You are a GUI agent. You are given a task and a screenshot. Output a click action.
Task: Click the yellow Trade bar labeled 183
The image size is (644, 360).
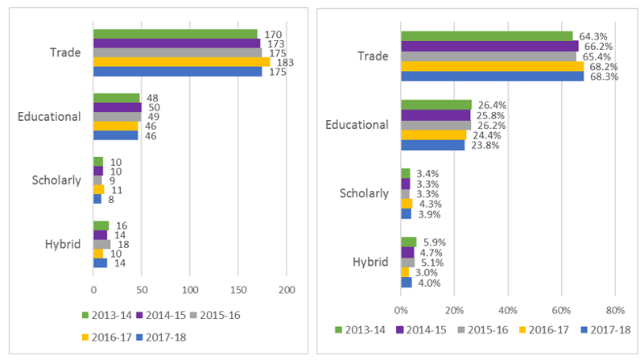(181, 62)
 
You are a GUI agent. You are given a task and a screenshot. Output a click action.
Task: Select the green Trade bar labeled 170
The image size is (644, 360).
(175, 34)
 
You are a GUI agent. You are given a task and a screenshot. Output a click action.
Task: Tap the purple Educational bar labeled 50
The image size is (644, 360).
(118, 107)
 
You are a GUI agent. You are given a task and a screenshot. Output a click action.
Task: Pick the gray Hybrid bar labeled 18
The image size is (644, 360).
(102, 244)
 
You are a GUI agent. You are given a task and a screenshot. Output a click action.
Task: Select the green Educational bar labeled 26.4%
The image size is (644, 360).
(436, 105)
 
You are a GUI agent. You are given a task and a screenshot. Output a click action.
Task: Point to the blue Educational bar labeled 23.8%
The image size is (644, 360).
(432, 145)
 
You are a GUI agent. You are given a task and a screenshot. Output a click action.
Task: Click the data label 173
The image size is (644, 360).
(277, 43)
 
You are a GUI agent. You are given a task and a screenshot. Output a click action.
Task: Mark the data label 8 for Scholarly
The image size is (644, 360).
(110, 199)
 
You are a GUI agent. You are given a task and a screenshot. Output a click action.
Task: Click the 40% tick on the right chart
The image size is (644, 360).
(508, 309)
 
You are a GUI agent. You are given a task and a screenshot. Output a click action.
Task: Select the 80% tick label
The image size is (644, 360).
(615, 309)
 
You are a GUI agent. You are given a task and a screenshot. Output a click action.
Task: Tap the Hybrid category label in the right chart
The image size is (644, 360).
(371, 262)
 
